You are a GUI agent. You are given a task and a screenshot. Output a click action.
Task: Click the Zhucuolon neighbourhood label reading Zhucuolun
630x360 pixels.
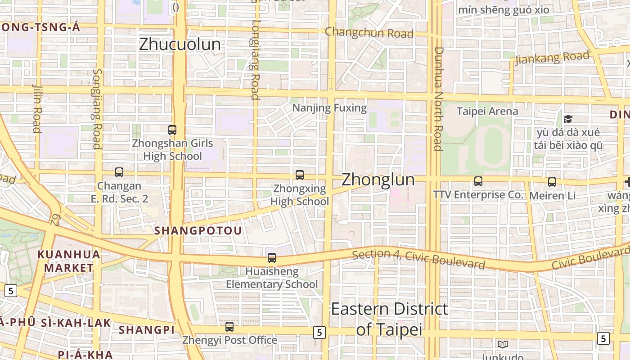point(180,44)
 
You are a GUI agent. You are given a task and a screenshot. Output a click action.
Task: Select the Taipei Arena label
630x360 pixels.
point(487,111)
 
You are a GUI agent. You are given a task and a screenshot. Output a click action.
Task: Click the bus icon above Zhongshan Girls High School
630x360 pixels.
point(172,130)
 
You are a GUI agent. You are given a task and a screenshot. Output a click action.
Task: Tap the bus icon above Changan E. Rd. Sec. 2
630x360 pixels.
point(119,172)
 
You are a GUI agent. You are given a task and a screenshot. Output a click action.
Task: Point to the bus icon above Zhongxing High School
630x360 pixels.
point(300,175)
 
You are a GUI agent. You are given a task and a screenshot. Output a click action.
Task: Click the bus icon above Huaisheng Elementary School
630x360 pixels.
point(272,258)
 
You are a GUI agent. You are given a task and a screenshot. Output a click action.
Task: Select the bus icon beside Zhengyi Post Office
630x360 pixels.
point(229,327)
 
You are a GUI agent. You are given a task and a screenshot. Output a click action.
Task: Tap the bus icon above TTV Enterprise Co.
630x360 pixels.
point(478,181)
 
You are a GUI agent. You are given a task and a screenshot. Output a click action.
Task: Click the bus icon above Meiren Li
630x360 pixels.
point(552,182)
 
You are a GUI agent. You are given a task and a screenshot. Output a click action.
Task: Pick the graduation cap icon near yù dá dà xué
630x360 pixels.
point(568,119)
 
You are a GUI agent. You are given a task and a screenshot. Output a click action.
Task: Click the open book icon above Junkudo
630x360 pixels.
point(503,344)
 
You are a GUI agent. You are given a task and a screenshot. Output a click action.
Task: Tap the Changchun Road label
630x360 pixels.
point(369,32)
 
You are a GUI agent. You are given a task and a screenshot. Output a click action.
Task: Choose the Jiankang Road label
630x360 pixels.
point(552,58)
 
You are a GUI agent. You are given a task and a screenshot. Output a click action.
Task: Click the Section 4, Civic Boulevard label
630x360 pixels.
point(418,259)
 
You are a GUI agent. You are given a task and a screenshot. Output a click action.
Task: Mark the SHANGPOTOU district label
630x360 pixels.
point(198,230)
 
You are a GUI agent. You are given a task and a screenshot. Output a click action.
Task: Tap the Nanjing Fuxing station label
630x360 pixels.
point(329,108)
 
